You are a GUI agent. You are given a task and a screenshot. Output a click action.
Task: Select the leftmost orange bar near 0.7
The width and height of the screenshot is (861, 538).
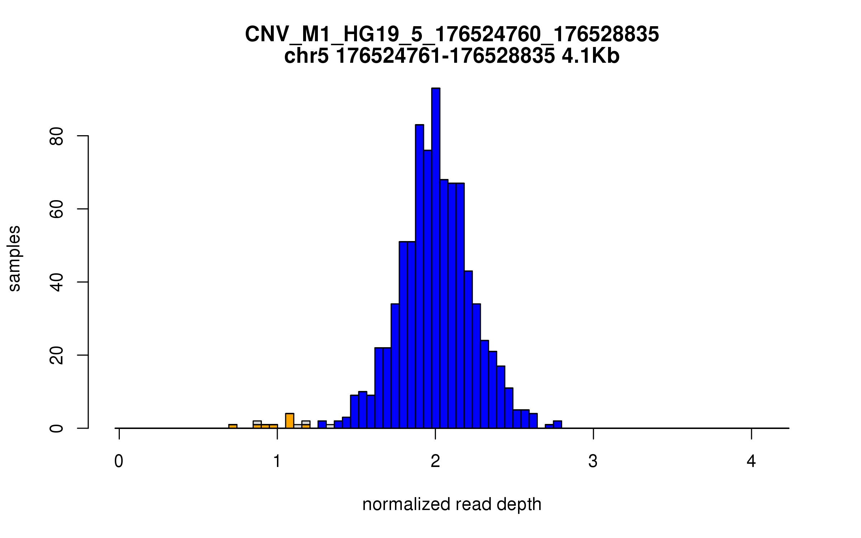click(233, 426)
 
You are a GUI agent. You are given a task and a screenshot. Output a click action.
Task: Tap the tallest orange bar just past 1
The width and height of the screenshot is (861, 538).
click(290, 421)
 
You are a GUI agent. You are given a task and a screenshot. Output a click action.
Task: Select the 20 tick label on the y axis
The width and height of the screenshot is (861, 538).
click(57, 355)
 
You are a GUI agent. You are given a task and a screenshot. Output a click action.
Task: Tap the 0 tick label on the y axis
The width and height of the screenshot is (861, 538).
click(57, 428)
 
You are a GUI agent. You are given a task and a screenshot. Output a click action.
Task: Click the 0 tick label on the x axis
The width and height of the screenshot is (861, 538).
click(119, 461)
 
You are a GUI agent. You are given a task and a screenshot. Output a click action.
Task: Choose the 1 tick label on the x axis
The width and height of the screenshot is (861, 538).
click(277, 461)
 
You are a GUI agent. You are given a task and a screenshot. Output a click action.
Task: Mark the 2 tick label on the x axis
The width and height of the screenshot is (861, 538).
click(435, 461)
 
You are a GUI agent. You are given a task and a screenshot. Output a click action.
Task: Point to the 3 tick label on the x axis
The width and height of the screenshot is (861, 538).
click(593, 461)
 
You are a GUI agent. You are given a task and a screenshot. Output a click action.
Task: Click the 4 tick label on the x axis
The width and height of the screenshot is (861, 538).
click(751, 461)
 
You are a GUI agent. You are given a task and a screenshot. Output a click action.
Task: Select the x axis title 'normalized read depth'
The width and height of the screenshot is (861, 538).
click(452, 505)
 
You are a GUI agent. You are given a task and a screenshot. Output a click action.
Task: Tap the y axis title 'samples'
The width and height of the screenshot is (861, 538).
click(14, 258)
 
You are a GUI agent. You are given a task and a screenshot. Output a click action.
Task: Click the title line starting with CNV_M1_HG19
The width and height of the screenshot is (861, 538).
click(452, 34)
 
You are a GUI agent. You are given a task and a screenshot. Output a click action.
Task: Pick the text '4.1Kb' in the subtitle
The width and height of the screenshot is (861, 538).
click(591, 56)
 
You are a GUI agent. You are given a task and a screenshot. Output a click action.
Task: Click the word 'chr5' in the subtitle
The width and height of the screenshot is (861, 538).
click(306, 56)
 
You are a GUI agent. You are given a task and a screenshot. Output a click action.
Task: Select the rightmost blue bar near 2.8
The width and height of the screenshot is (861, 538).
click(557, 425)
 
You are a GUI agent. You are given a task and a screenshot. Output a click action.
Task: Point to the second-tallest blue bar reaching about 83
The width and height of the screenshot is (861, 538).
click(419, 276)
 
